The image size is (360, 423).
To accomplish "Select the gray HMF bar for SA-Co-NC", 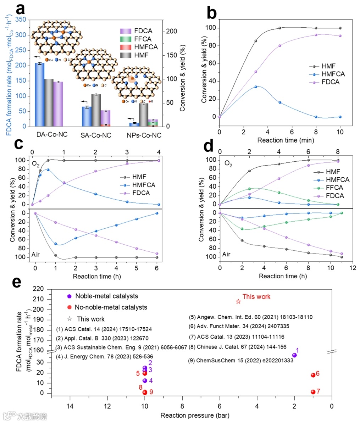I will coord(96,110).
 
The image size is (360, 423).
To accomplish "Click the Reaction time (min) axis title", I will coord(280,140).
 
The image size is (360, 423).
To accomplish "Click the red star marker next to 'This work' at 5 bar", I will coord(238,301).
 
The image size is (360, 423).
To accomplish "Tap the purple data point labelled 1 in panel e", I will coord(294,355).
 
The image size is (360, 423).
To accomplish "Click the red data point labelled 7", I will coord(313,392).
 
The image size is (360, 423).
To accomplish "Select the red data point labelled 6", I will coord(313,375).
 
